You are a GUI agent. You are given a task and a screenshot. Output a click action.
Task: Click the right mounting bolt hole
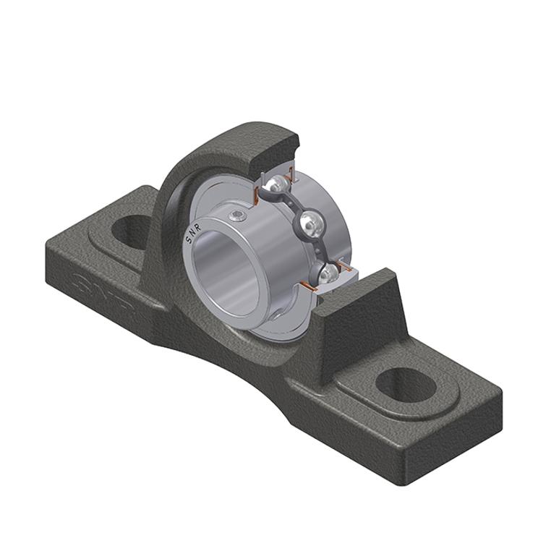point(407,385)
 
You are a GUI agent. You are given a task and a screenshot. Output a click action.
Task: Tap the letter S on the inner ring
point(187,241)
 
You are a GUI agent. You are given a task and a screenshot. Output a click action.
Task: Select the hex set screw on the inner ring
point(238,216)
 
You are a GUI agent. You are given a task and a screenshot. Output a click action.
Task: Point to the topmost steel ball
point(278,182)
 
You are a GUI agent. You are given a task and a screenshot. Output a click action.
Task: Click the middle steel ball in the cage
point(311,222)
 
